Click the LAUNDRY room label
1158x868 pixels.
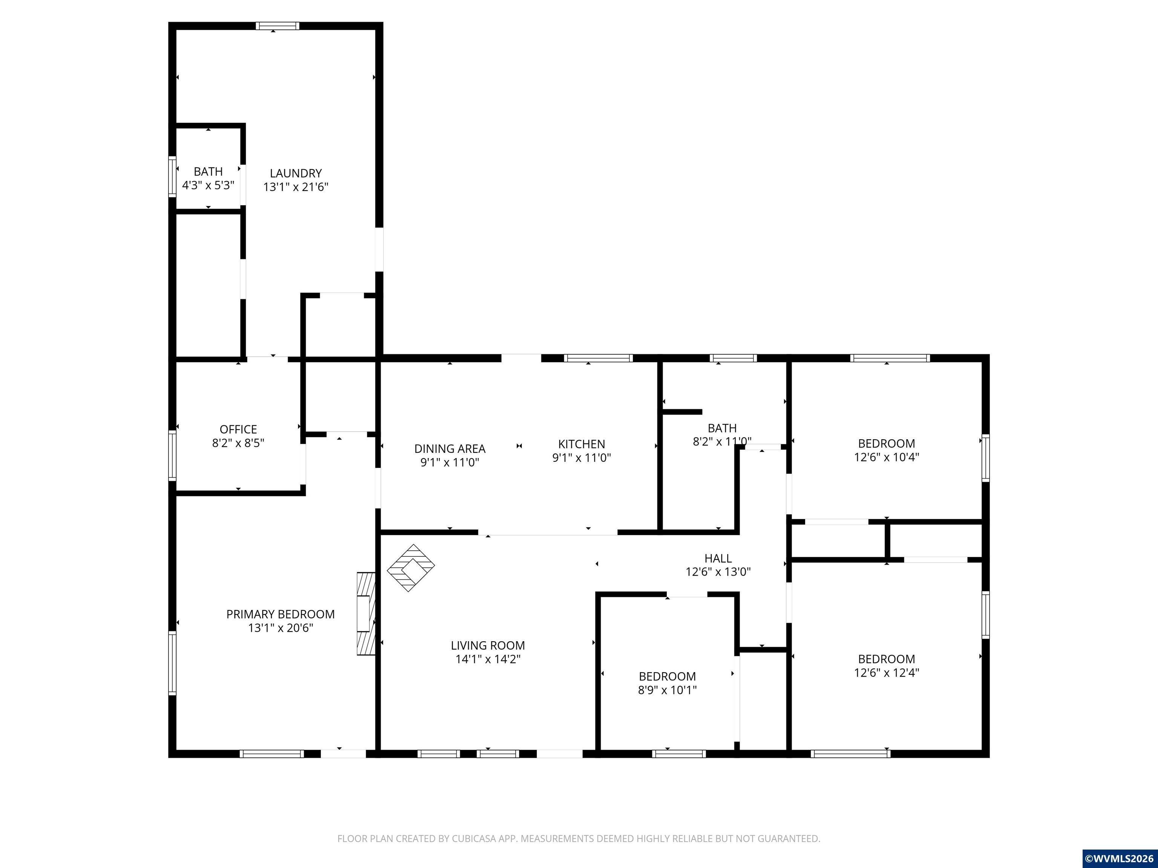296,173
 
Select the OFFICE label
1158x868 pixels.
238,429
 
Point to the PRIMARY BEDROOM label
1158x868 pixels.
280,614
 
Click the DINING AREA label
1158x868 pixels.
450,449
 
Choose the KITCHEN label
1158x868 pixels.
582,444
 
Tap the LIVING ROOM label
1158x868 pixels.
488,646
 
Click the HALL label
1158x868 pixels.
718,558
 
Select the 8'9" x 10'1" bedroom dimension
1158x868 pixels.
668,690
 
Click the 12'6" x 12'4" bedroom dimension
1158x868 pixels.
887,673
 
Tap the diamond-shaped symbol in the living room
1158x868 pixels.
411,568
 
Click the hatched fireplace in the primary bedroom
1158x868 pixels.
366,614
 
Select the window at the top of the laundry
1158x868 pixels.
277,26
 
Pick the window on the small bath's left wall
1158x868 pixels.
172,177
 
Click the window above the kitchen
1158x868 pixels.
598,358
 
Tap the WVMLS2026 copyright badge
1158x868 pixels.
1119,859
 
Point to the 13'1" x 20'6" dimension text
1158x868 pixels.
280,628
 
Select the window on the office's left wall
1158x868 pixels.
172,455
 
